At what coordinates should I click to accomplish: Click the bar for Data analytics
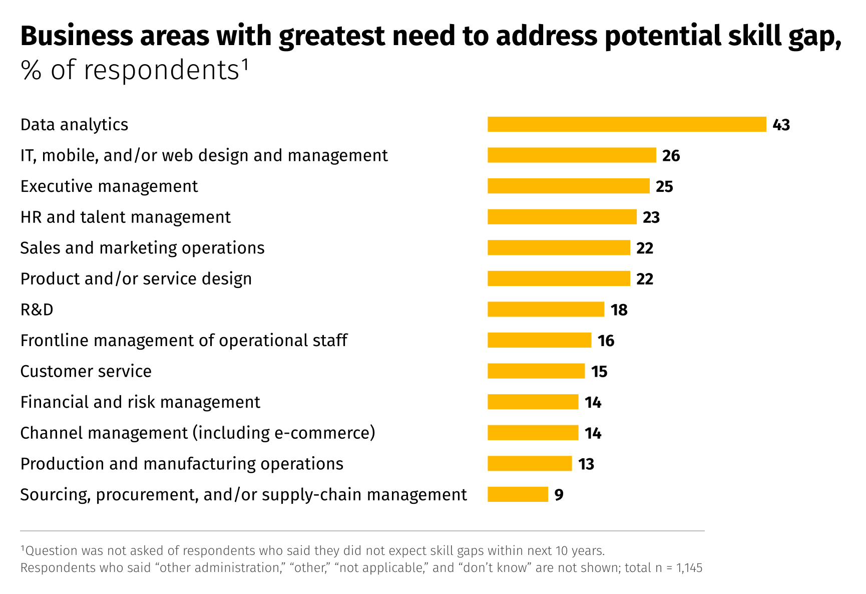point(627,124)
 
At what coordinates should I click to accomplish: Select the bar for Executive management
point(568,186)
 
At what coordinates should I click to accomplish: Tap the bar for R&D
point(546,309)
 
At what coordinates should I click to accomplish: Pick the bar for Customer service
point(536,371)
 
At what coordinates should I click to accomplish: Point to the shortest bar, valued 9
point(518,494)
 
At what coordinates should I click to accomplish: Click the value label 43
point(781,125)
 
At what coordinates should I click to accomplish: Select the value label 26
point(671,156)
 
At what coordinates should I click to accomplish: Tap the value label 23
point(651,217)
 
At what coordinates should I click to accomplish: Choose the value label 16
point(606,341)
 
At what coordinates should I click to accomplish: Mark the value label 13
point(586,464)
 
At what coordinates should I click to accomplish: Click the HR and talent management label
point(125,217)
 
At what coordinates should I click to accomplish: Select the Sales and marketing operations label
point(142,248)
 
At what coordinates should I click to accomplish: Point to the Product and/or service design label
point(136,279)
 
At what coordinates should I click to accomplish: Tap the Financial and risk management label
point(140,402)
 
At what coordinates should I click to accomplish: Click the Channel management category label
point(197,433)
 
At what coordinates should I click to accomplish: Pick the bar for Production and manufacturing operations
point(530,463)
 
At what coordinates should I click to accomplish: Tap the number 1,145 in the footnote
point(689,568)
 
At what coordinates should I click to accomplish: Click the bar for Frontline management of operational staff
point(539,340)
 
